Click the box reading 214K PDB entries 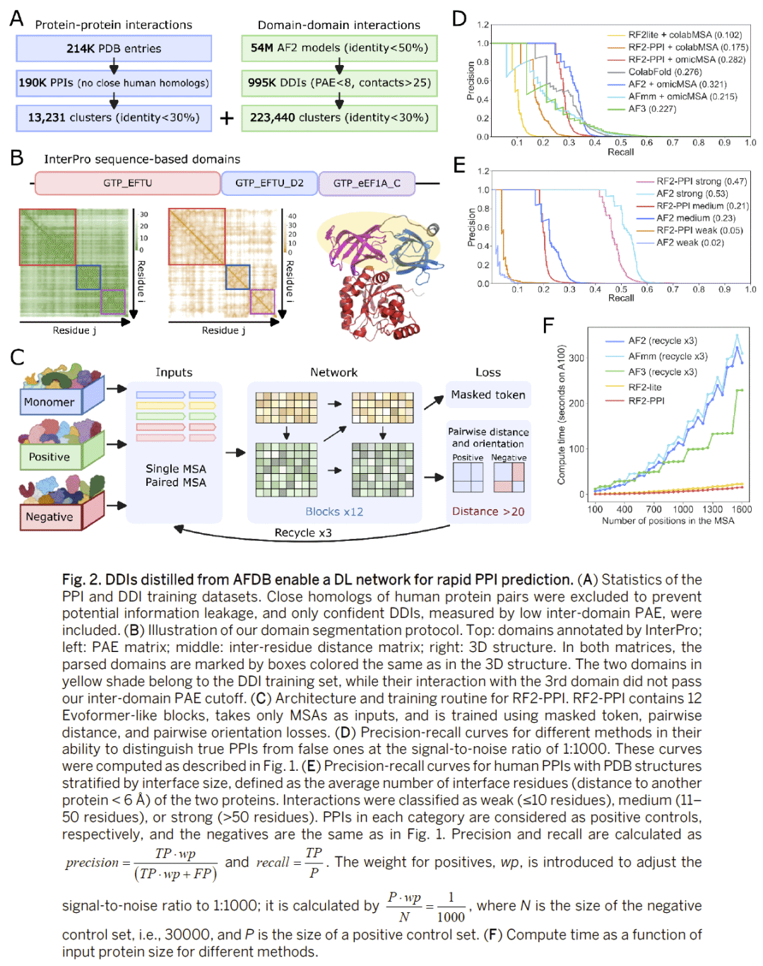(114, 49)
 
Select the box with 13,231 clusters (114, 117)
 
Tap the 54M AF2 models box (339, 48)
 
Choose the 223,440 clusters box (339, 117)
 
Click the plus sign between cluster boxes (227, 118)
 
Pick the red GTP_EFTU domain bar (127, 183)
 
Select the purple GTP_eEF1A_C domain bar (367, 183)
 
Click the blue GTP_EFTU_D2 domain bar (269, 183)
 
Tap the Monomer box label (49, 402)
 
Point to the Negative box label (49, 517)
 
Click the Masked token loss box (488, 395)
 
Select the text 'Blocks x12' (334, 511)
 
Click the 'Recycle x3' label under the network (303, 533)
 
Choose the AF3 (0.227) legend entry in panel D (651, 109)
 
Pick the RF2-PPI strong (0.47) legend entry (701, 181)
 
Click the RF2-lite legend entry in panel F (644, 387)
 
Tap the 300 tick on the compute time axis (576, 358)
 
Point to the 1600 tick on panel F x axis (741, 509)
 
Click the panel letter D (459, 19)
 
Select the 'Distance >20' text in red (488, 511)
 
